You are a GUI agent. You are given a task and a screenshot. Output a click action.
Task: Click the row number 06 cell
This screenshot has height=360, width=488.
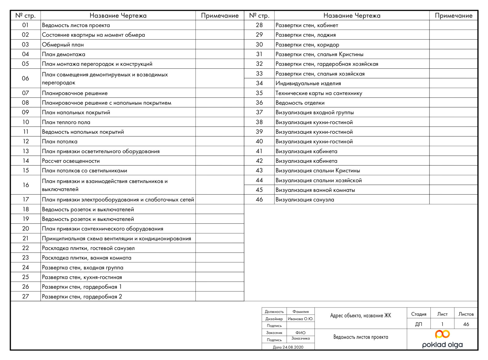(25, 78)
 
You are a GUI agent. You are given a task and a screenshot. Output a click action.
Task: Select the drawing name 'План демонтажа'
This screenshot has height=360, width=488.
(63, 54)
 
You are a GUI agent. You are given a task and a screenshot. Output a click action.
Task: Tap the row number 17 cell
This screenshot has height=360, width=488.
(26, 200)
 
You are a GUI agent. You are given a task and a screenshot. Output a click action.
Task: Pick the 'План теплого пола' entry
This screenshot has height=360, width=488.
(66, 122)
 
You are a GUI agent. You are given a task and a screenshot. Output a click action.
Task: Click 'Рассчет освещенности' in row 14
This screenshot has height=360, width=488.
(71, 161)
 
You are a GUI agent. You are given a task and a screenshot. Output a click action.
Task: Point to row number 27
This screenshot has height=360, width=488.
(26, 297)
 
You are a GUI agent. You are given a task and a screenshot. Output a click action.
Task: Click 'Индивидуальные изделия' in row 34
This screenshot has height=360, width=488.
(308, 83)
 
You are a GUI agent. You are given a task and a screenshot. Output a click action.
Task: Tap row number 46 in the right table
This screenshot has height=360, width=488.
(259, 200)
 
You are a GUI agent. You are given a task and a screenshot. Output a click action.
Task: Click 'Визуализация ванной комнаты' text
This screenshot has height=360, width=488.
(315, 190)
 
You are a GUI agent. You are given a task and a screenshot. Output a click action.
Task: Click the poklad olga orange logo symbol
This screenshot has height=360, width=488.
(442, 334)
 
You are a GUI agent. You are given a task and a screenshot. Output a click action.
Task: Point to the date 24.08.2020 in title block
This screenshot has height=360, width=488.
(288, 347)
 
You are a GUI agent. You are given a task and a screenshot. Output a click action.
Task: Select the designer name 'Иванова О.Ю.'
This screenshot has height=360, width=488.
(300, 319)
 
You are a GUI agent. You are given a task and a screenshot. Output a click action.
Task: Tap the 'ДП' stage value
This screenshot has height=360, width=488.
(418, 324)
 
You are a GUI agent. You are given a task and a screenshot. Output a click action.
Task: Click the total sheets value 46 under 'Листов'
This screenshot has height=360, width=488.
(466, 324)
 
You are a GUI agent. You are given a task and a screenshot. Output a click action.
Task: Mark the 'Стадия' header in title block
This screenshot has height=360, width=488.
(418, 314)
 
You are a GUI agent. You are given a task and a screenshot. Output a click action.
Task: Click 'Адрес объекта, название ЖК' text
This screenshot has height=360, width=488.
(361, 315)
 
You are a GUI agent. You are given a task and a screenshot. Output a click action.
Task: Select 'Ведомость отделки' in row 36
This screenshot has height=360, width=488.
(300, 103)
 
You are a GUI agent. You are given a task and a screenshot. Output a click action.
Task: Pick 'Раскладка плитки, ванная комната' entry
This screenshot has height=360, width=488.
(87, 258)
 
